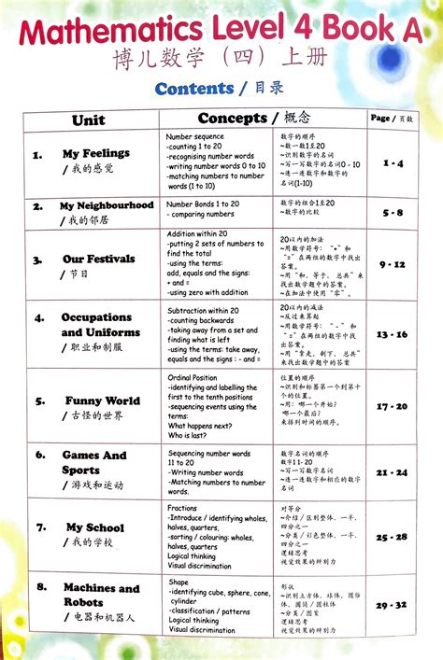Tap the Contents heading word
click(x=194, y=89)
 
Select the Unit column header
click(x=88, y=120)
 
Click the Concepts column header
click(x=233, y=118)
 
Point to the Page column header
click(x=380, y=119)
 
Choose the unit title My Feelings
click(x=95, y=153)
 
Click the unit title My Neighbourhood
click(x=107, y=205)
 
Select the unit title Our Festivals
click(x=98, y=259)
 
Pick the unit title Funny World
click(x=102, y=401)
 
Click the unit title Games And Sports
click(x=93, y=463)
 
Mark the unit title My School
click(x=94, y=527)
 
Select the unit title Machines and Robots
click(x=101, y=595)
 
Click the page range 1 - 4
click(x=393, y=163)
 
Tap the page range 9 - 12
click(x=392, y=264)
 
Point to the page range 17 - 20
click(x=392, y=406)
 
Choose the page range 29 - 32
click(x=392, y=605)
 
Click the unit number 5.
click(x=39, y=401)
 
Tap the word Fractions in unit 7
click(x=182, y=509)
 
